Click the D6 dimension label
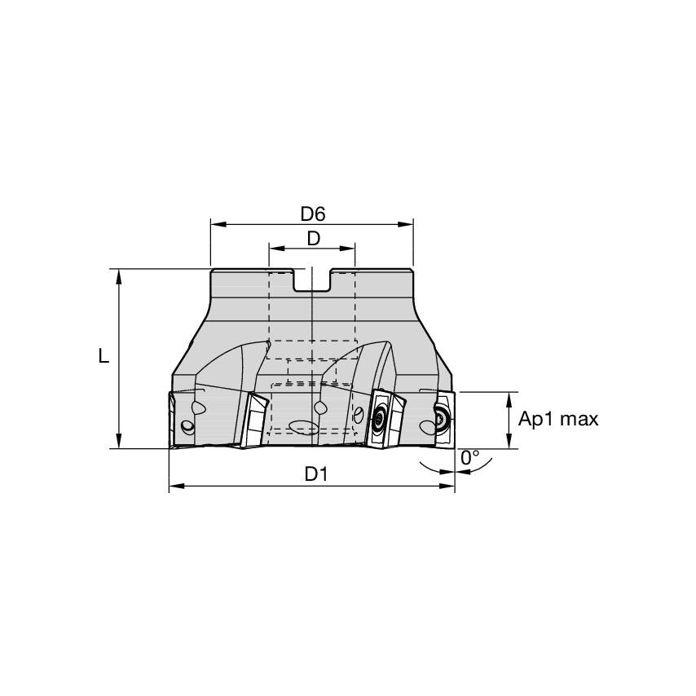point(312,214)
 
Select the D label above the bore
point(312,239)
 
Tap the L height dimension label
point(103,356)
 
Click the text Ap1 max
point(558,420)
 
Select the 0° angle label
point(470,458)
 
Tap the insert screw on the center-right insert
point(380,420)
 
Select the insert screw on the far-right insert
point(441,419)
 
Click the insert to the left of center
point(256,421)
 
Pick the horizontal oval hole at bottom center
point(302,426)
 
